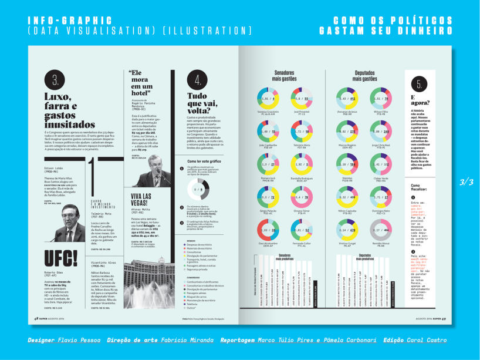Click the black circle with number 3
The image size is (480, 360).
pyautogui.click(x=55, y=80)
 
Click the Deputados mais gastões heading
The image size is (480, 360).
pyautogui.click(x=364, y=75)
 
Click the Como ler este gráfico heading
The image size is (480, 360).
pyautogui.click(x=205, y=160)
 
